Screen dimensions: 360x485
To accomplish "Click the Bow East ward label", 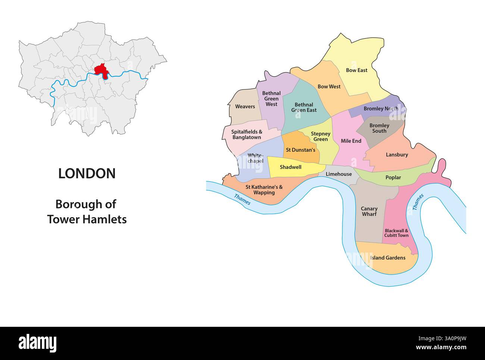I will (357, 70).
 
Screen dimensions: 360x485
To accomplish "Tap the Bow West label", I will (329, 87).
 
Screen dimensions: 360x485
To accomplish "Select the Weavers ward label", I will (245, 107).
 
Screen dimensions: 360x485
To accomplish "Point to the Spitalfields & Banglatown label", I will (247, 135).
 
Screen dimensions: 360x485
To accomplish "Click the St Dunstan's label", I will (300, 150).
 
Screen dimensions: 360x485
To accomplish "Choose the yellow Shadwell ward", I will (291, 168).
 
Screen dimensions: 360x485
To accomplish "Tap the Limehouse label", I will (338, 174).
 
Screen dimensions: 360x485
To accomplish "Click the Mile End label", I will (351, 141).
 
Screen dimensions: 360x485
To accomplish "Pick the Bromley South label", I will (379, 128).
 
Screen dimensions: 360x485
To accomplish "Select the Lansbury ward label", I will (397, 154).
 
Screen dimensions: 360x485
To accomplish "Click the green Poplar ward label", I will (393, 178).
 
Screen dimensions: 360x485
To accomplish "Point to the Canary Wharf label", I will (369, 212).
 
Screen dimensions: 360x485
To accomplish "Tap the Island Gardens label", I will (388, 258).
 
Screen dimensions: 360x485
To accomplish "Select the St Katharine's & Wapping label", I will (264, 190).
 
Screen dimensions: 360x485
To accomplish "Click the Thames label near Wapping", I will (242, 200).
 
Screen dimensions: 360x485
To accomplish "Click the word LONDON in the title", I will (87, 173).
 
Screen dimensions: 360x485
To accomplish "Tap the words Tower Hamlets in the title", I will (87, 219).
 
